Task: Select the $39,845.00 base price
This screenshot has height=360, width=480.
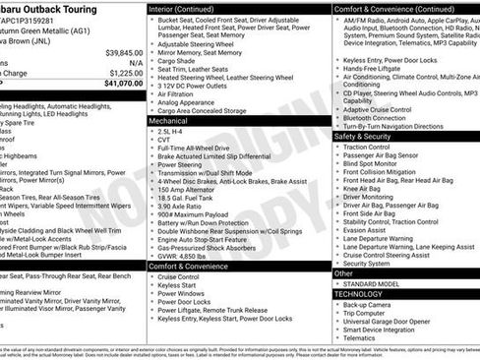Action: pos(124,51)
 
